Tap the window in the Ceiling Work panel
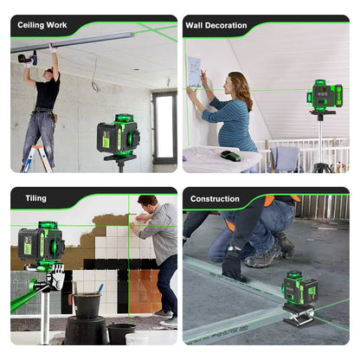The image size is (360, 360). (164, 126)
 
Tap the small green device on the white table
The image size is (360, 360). (230, 156)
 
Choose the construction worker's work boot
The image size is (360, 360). (263, 256)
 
